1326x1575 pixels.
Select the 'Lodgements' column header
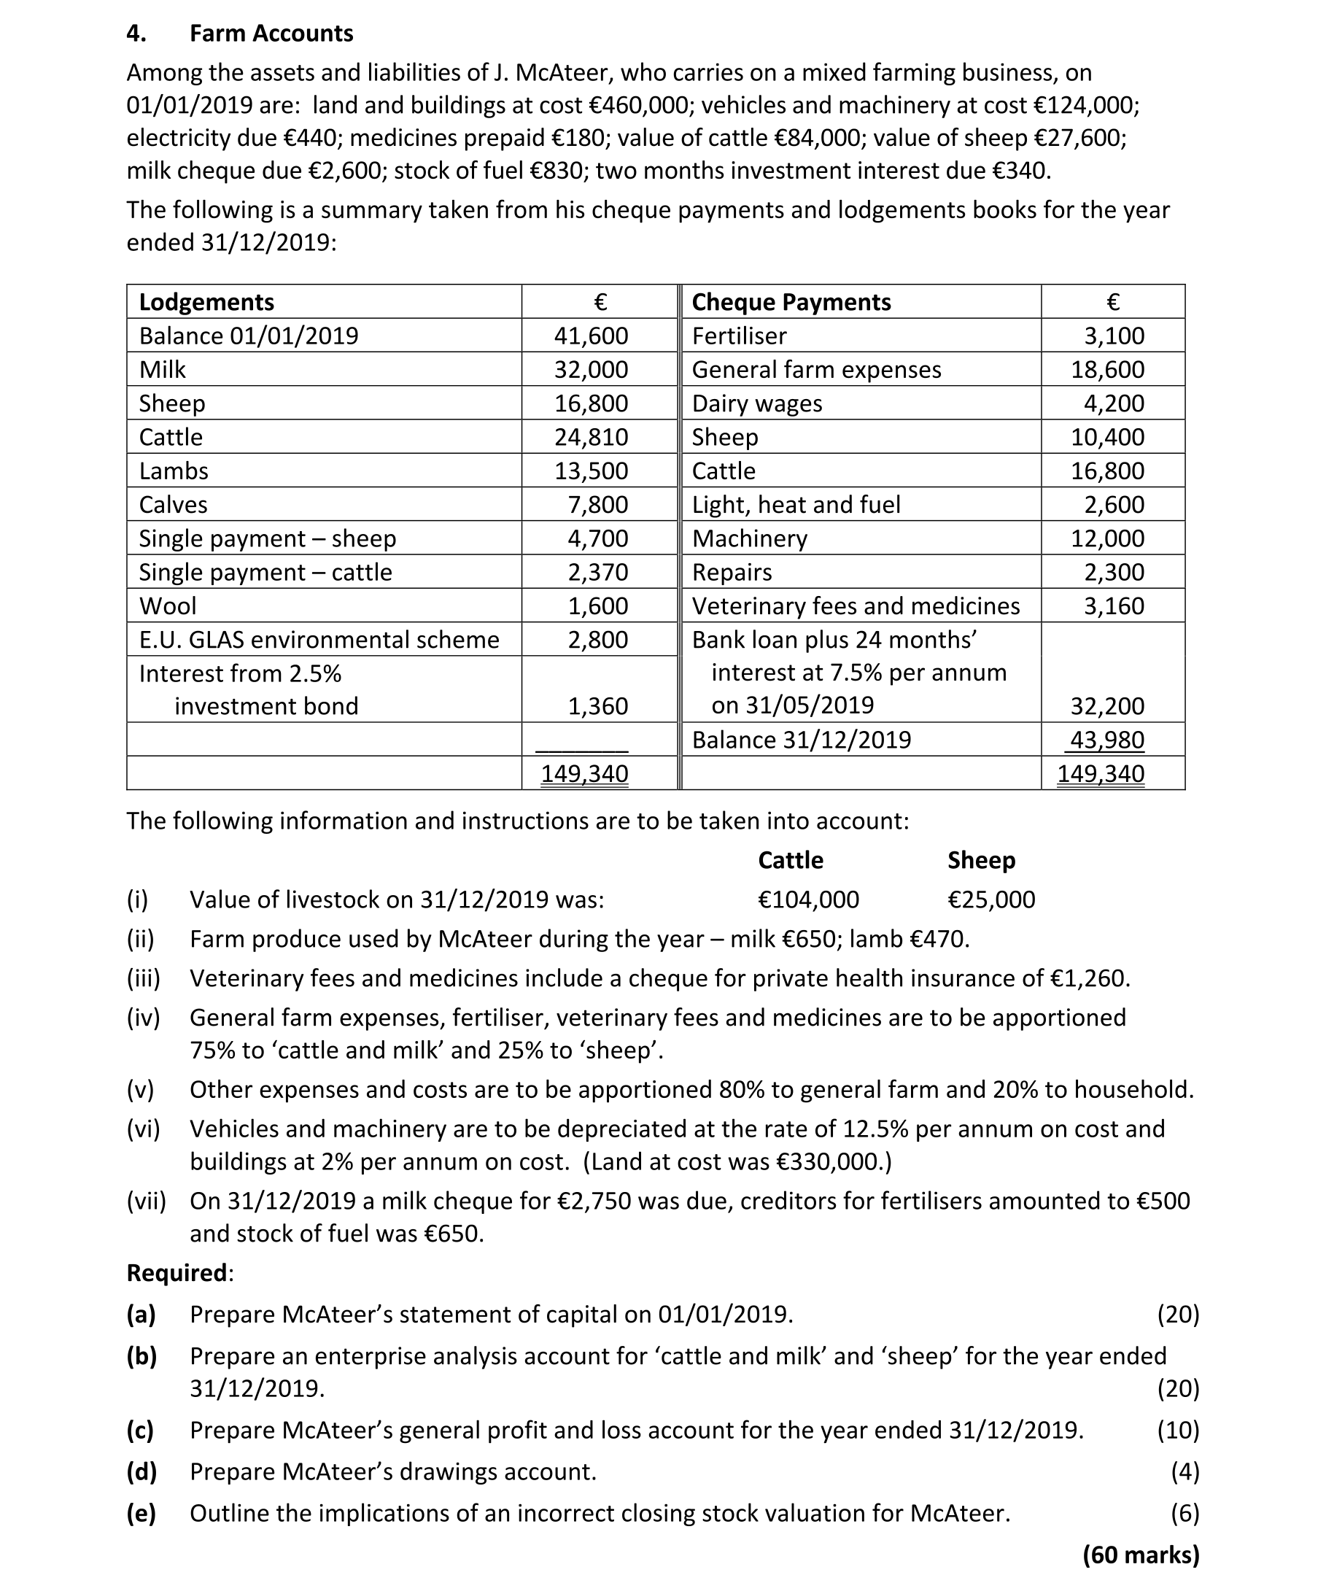pyautogui.click(x=206, y=302)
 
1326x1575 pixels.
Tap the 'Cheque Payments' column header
pyautogui.click(x=791, y=302)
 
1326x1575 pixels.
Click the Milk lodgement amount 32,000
pyautogui.click(x=591, y=370)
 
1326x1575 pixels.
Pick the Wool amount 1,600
pyautogui.click(x=597, y=606)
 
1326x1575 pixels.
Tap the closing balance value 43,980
pyautogui.click(x=1106, y=740)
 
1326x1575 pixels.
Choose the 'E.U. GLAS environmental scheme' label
pyautogui.click(x=319, y=640)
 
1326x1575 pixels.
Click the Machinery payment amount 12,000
pyautogui.click(x=1107, y=538)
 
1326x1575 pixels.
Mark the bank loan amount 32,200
pyautogui.click(x=1107, y=706)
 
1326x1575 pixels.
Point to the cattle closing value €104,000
pyautogui.click(x=808, y=900)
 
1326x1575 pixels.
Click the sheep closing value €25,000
pyautogui.click(x=990, y=900)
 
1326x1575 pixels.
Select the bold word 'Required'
pyautogui.click(x=177, y=1273)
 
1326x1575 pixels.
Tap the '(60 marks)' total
pyautogui.click(x=1140, y=1554)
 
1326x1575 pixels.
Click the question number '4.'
pyautogui.click(x=136, y=34)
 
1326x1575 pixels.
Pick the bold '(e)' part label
pyautogui.click(x=141, y=1512)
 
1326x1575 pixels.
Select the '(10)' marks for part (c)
pyautogui.click(x=1178, y=1429)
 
